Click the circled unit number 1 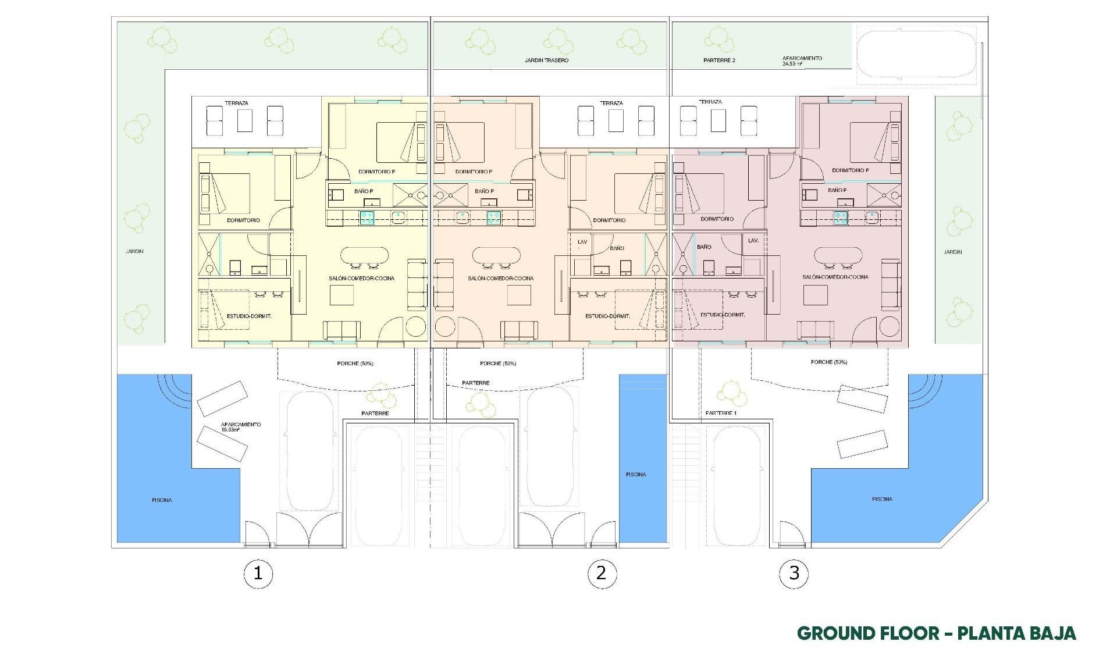point(258,574)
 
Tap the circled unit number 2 point(601,573)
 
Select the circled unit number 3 point(794,573)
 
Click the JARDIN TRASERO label point(546,60)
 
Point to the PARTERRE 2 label point(719,60)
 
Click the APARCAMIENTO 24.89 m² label point(802,61)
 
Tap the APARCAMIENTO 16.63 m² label point(241,427)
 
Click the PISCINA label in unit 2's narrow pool point(636,475)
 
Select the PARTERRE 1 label point(721,413)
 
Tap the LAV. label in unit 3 point(753,240)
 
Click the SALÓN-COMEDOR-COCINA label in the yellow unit point(361,279)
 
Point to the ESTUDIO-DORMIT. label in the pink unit point(723,315)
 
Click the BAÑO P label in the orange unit point(484,191)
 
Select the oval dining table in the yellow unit point(364,255)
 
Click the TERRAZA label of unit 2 point(611,103)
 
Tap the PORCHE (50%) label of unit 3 point(828,362)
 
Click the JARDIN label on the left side point(134,252)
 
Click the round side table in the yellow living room point(417,326)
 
